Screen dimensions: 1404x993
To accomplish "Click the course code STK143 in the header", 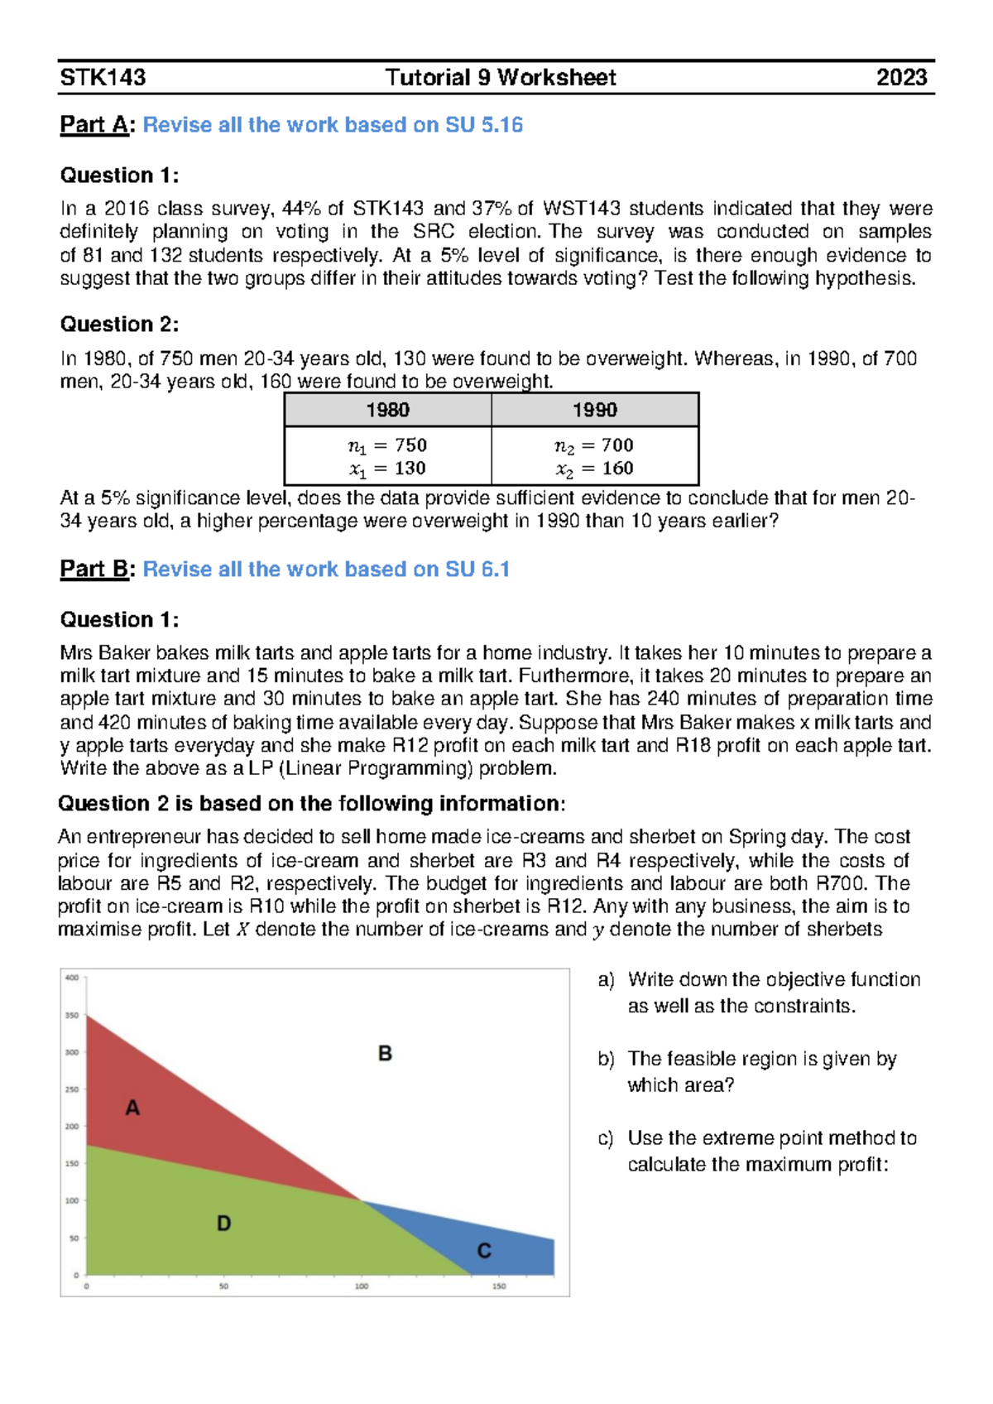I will click(103, 78).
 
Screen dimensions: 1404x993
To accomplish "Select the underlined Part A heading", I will click(94, 125).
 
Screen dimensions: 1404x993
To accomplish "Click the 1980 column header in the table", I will click(387, 410).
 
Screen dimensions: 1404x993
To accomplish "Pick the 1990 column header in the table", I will click(594, 410).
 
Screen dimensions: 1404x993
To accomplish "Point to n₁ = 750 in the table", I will click(387, 445).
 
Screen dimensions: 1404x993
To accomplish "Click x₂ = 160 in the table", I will click(594, 469).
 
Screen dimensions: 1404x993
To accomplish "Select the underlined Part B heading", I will click(94, 570).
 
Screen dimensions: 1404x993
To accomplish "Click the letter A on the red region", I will click(132, 1108).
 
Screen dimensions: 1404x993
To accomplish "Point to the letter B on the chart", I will click(385, 1054).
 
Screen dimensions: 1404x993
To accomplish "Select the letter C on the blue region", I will click(484, 1251).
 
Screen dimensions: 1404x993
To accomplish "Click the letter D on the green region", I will click(223, 1224).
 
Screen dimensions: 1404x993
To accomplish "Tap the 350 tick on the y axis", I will click(72, 1015).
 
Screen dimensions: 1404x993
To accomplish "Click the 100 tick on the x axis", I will click(362, 1286).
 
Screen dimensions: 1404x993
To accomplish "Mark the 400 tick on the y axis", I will click(72, 978).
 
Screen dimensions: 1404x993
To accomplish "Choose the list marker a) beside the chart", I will click(606, 980).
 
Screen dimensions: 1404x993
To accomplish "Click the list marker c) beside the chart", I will click(606, 1138).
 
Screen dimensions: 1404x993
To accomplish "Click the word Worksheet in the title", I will click(557, 78).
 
